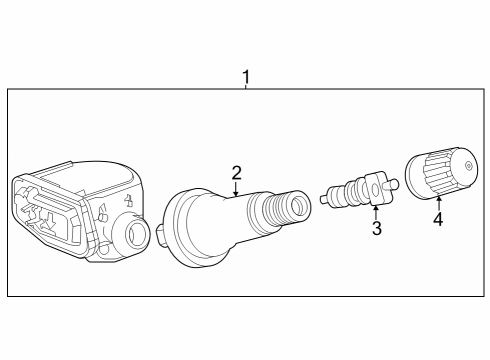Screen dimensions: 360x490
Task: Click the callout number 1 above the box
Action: click(246, 76)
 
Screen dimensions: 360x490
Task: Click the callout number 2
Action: click(236, 172)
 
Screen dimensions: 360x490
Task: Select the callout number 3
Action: click(377, 229)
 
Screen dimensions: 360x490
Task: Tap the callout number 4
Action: click(437, 219)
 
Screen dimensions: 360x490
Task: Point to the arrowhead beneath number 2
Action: click(236, 193)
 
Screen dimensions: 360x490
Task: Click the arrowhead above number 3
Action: click(374, 208)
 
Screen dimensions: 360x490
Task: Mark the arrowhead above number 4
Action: click(437, 198)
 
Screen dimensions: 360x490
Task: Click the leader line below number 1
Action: click(246, 87)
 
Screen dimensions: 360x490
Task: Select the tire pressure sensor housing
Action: click(80, 209)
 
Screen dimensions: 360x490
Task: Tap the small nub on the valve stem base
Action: click(160, 235)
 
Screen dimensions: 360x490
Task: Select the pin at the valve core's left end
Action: click(325, 198)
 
